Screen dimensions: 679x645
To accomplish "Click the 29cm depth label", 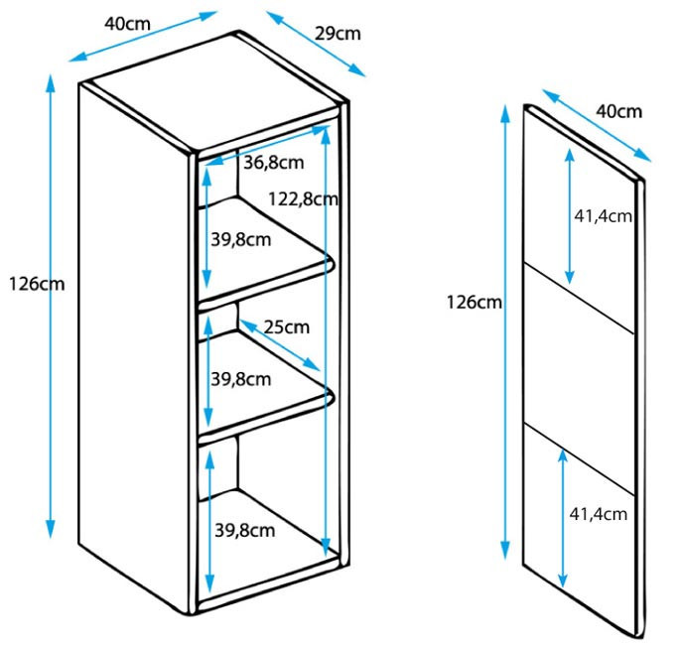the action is [x=338, y=34].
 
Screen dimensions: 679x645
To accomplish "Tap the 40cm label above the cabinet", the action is [x=127, y=24].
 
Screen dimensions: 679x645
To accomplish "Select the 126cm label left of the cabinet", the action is [x=37, y=285].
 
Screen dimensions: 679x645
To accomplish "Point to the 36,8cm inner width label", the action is [x=274, y=163].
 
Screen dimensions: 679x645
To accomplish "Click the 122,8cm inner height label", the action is [x=303, y=199].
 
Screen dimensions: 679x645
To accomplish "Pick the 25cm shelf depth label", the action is [x=287, y=327].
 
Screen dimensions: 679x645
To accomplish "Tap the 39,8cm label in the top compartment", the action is [x=241, y=239].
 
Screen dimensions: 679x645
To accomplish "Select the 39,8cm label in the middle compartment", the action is [x=241, y=379].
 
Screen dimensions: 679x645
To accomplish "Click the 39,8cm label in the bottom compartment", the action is [x=244, y=530].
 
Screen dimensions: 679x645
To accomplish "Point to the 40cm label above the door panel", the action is [x=618, y=112].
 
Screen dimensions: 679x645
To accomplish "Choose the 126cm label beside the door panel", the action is [x=475, y=302].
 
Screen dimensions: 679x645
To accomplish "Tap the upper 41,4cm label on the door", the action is [x=603, y=215].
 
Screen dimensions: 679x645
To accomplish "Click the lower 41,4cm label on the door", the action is [x=598, y=514].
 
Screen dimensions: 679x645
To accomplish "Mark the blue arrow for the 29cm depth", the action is [x=316, y=44].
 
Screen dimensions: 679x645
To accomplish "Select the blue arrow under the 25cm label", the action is [x=279, y=345].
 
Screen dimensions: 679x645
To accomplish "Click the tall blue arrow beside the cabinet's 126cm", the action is [x=51, y=307].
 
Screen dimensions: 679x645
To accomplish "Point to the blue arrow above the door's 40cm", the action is [x=597, y=126].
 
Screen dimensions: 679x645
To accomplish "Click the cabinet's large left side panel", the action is [x=134, y=346].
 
